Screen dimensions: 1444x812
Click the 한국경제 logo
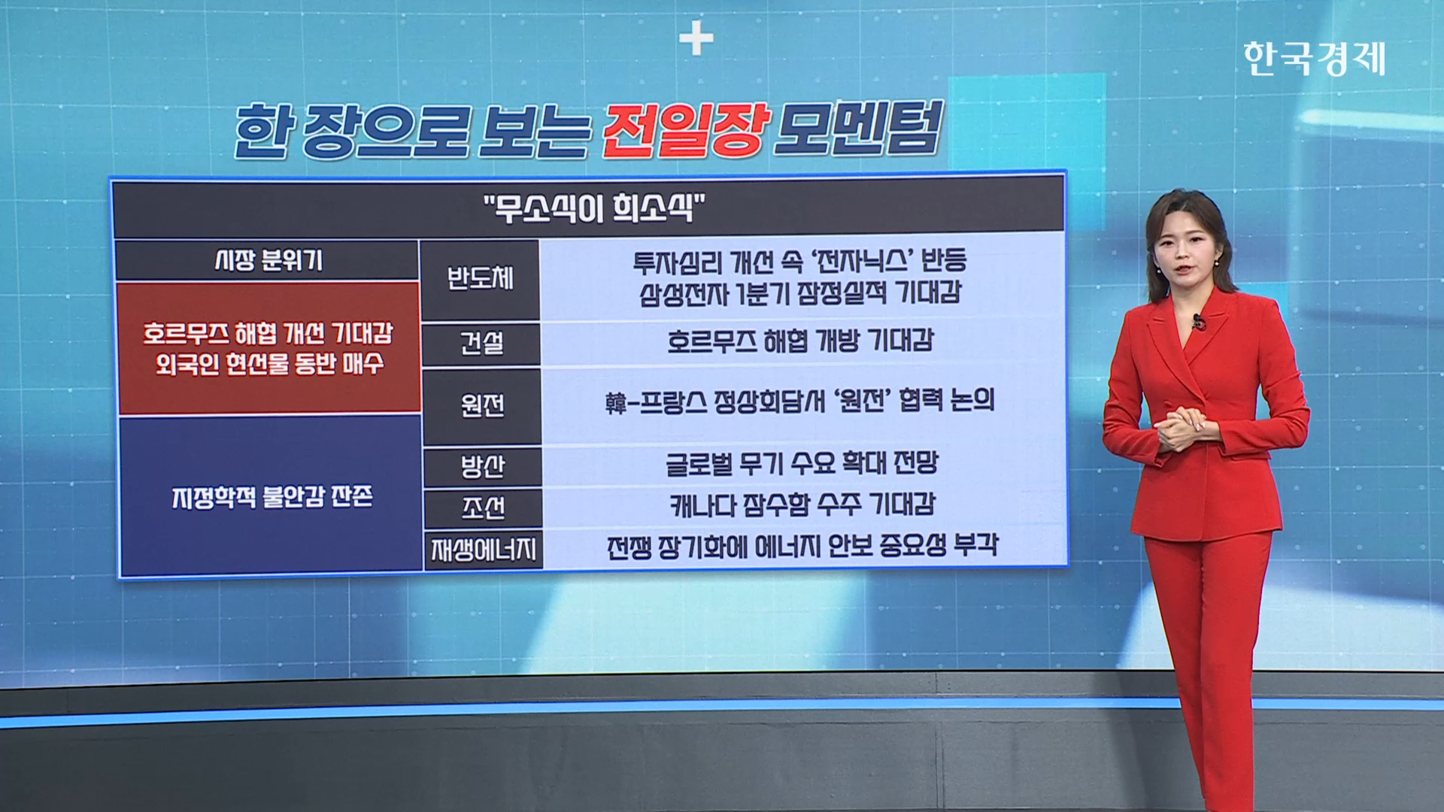point(1314,59)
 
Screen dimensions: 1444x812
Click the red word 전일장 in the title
point(686,130)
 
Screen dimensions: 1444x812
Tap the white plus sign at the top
point(696,38)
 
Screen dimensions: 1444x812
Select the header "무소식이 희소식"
point(594,208)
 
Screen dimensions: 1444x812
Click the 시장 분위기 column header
point(268,260)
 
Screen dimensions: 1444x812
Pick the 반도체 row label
point(481,278)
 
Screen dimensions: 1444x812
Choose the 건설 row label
point(481,344)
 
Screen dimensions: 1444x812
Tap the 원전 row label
point(482,406)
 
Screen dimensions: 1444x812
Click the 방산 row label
point(482,467)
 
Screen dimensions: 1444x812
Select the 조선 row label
point(483,508)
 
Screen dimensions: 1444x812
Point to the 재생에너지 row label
point(484,550)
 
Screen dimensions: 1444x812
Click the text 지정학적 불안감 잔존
point(272,497)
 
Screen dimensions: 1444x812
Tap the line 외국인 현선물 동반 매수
point(269,364)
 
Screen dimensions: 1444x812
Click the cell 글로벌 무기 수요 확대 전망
point(802,462)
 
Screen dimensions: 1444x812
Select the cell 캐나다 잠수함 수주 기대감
point(802,504)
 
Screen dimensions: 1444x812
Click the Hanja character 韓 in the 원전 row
point(616,403)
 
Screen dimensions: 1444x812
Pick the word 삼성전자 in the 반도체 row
point(684,293)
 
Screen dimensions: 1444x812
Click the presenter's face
point(1183,252)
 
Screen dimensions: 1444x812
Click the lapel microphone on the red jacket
point(1197,323)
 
